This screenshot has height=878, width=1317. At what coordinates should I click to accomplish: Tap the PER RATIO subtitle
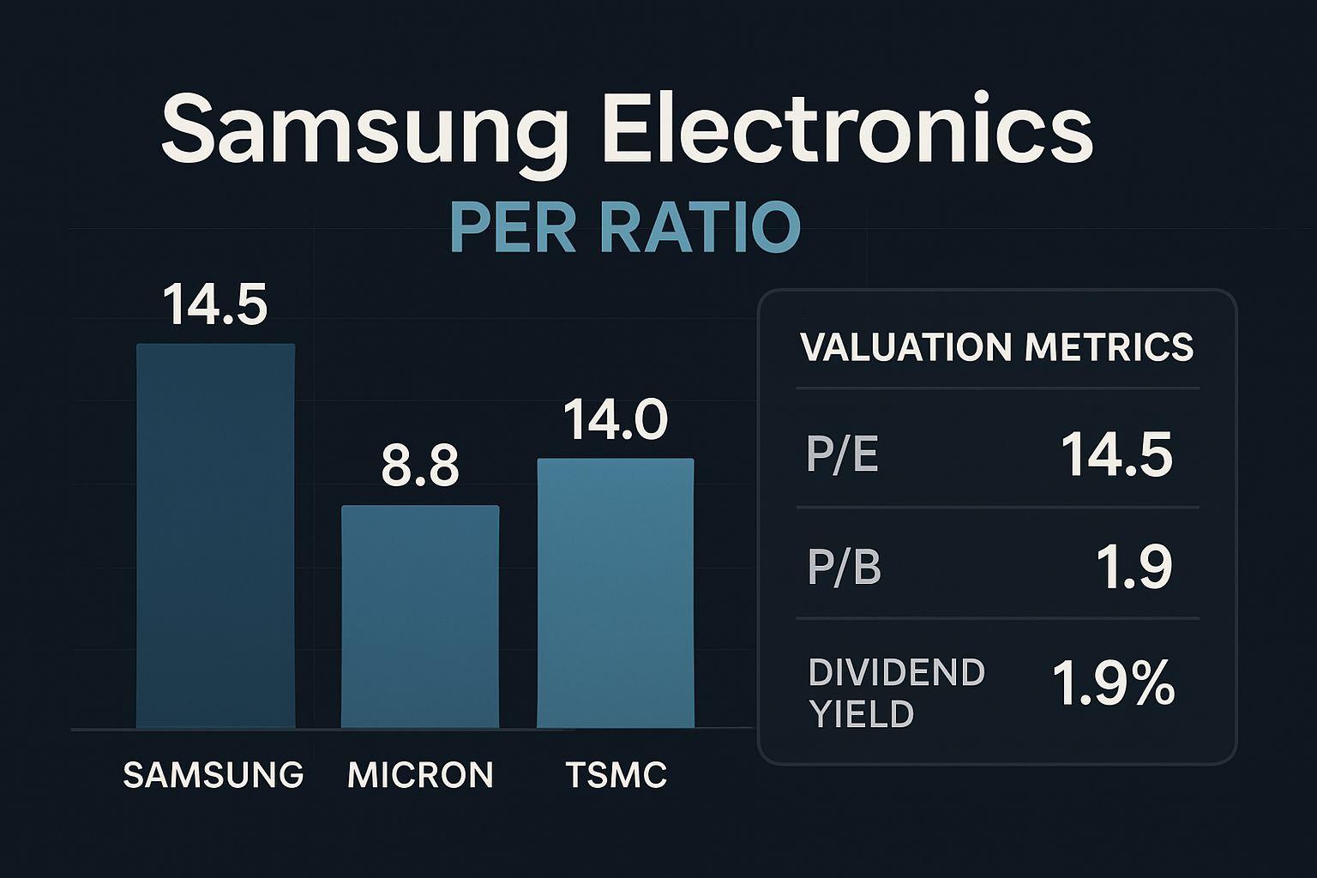tap(624, 227)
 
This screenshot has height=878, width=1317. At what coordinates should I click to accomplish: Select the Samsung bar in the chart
tap(215, 536)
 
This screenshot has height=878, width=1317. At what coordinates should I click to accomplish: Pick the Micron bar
tap(420, 616)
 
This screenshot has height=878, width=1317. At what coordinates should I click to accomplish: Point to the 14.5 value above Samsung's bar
tap(215, 305)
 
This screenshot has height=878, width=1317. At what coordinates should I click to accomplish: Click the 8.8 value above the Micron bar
tap(420, 467)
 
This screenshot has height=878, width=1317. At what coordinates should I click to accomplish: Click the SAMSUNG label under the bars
tap(213, 775)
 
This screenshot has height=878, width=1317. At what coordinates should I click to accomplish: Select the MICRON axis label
tap(420, 775)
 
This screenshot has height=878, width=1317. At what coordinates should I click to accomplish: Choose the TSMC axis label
tap(616, 775)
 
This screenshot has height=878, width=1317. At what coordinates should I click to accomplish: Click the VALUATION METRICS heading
tap(996, 347)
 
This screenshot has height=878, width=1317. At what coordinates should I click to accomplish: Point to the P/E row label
tap(842, 454)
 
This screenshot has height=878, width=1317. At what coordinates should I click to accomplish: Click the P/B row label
tap(844, 568)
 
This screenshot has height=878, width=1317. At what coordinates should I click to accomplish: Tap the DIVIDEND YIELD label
tap(896, 693)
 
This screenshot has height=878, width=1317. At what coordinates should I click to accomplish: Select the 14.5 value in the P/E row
tap(1116, 454)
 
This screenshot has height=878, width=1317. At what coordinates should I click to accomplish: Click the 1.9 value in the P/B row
tap(1134, 568)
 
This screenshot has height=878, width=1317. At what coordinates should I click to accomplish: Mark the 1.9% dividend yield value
tap(1113, 685)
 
